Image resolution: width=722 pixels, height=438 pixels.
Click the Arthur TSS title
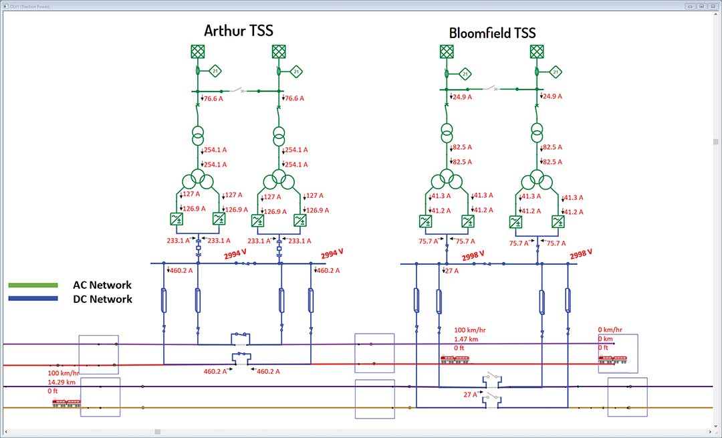coord(238,31)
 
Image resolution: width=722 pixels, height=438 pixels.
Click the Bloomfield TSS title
coord(492,33)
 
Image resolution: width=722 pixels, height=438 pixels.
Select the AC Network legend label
coord(102,285)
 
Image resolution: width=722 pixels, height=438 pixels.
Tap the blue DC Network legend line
coord(33,299)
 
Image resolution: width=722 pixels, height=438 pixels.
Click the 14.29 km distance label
coord(62,381)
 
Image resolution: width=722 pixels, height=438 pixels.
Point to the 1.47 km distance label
coord(466,339)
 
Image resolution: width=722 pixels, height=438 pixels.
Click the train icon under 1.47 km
coord(454,359)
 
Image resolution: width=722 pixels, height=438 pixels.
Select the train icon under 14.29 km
coord(66,403)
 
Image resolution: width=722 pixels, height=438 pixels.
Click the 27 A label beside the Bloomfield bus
coord(451,271)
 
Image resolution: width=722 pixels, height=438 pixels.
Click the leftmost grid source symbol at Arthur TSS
coord(197,51)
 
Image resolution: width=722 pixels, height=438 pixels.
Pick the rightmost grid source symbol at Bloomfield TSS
coord(537,51)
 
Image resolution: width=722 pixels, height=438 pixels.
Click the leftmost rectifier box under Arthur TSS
coord(178,219)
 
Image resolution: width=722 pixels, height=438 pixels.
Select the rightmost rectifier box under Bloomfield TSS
coord(558,221)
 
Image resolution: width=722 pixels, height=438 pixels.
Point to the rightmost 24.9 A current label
coord(552,96)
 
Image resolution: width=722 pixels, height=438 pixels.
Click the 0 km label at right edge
coord(606,339)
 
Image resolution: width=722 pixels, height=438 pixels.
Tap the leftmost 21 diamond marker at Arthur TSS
coord(215,70)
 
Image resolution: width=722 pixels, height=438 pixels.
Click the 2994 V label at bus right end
coord(332,254)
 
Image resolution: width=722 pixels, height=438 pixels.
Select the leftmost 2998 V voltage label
coord(473,255)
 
